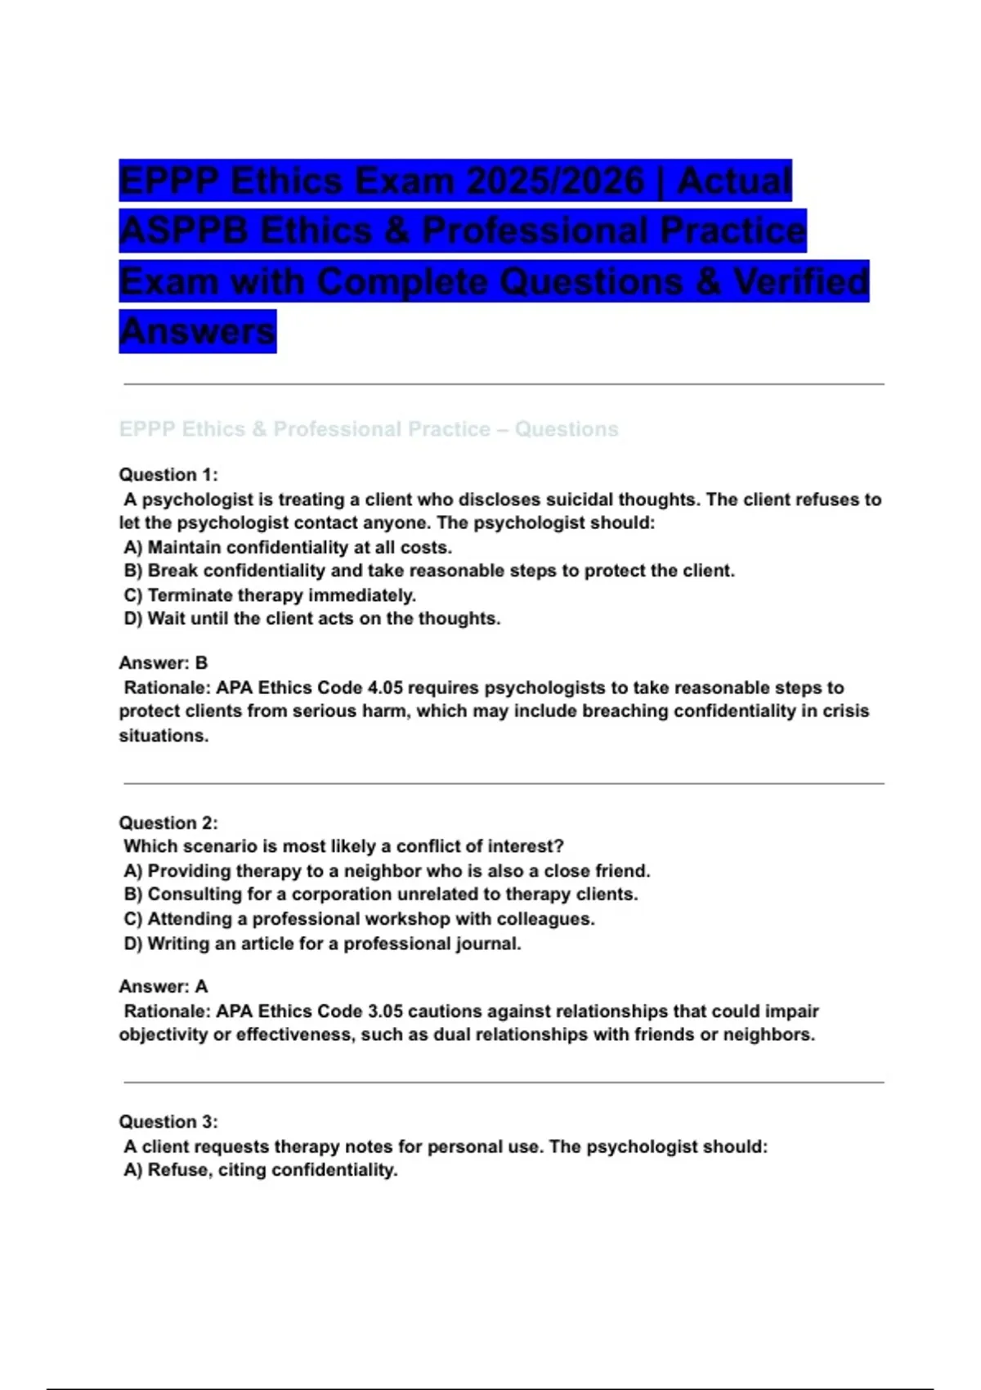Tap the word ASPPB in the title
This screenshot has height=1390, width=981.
[x=183, y=231]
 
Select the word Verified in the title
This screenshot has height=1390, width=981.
[x=800, y=281]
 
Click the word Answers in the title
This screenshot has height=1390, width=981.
[x=197, y=331]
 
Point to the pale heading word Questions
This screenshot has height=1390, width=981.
[x=566, y=429]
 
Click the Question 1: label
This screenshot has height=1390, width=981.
[x=168, y=475]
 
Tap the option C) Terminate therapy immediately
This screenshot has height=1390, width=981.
[x=270, y=595]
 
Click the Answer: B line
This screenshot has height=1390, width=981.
[x=163, y=663]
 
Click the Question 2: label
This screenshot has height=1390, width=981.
[x=168, y=823]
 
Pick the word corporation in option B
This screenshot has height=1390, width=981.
[x=341, y=895]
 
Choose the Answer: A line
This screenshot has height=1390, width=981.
[x=163, y=987]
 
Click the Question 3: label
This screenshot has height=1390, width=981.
[x=168, y=1122]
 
